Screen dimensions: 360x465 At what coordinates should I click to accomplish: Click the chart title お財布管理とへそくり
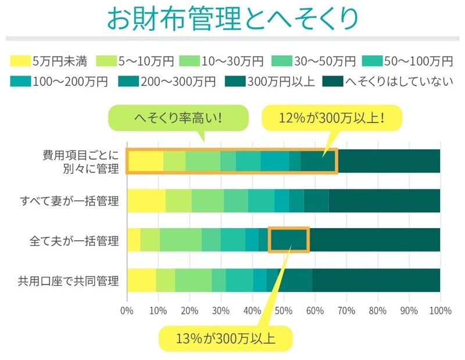[x=233, y=19]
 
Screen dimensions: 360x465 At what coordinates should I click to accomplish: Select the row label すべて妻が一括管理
[x=70, y=201]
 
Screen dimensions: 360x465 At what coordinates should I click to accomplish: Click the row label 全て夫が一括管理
[x=74, y=240]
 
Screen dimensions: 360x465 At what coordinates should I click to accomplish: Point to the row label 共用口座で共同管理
[x=70, y=281]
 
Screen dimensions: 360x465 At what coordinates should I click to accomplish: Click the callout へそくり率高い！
[x=178, y=120]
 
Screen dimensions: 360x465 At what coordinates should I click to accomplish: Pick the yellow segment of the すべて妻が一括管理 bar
[x=146, y=201]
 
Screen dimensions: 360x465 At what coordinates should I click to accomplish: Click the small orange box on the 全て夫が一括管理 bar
[x=288, y=240]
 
